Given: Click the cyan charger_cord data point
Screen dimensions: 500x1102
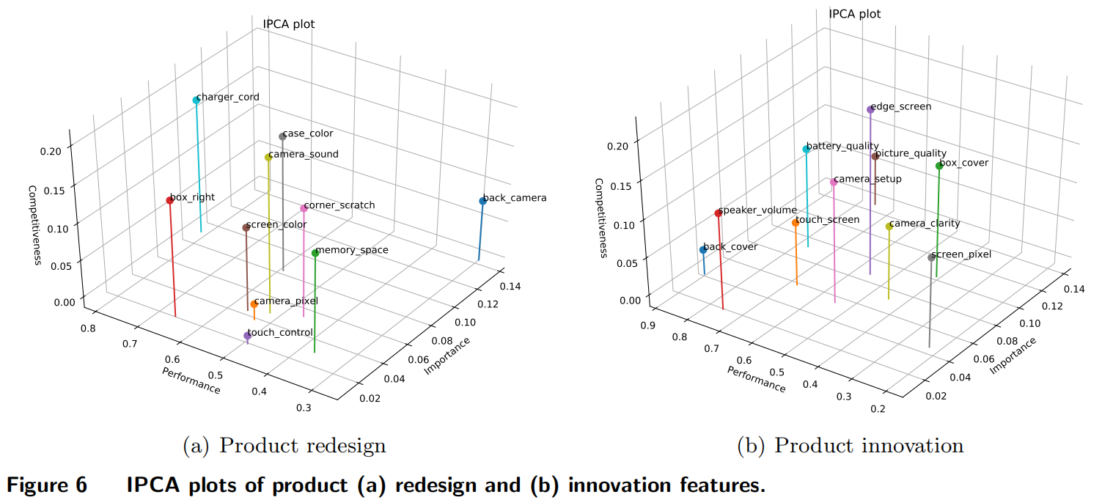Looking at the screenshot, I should click(x=196, y=100).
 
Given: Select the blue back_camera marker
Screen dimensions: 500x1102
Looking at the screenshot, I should click(x=482, y=201).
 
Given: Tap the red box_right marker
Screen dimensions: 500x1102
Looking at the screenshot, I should click(x=169, y=200).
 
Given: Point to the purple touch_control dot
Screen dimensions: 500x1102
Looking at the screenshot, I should click(x=247, y=336).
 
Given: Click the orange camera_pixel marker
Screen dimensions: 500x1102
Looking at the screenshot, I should click(x=254, y=304).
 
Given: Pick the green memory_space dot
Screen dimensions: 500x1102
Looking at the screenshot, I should click(x=315, y=253).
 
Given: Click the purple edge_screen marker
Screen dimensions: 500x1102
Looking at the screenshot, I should click(x=870, y=110).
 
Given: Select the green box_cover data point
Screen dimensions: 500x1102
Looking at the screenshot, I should click(x=939, y=166).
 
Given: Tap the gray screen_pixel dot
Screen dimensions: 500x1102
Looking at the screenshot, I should click(x=931, y=257).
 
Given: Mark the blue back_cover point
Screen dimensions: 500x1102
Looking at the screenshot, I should click(x=703, y=250).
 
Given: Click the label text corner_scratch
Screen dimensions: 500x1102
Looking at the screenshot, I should click(x=339, y=205).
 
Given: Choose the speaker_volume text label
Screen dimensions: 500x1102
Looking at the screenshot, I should click(x=758, y=210).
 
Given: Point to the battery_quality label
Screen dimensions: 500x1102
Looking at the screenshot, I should click(x=842, y=147).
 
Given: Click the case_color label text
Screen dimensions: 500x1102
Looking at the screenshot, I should click(x=308, y=134).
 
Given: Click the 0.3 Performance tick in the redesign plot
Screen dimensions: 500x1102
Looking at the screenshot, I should click(x=303, y=408).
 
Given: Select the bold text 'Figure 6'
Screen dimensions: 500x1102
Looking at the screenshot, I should click(x=48, y=485).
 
